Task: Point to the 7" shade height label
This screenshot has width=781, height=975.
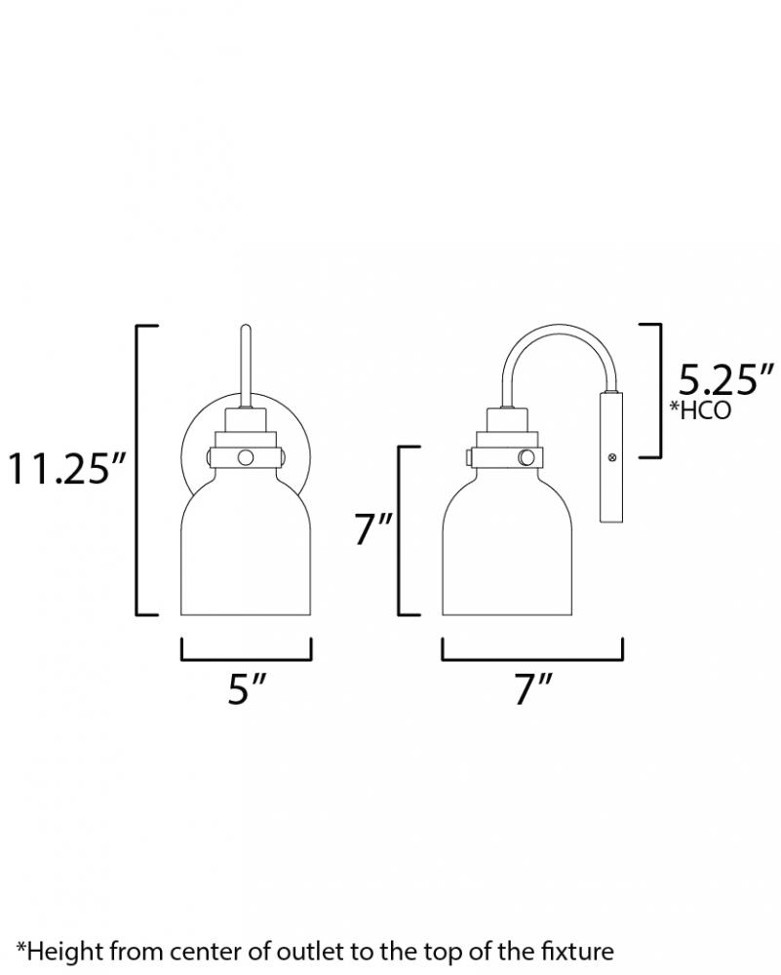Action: click(374, 529)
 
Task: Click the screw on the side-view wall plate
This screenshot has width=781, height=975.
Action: click(612, 457)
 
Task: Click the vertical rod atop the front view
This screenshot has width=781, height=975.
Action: click(246, 367)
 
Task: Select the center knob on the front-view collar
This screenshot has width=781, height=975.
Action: click(246, 457)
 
